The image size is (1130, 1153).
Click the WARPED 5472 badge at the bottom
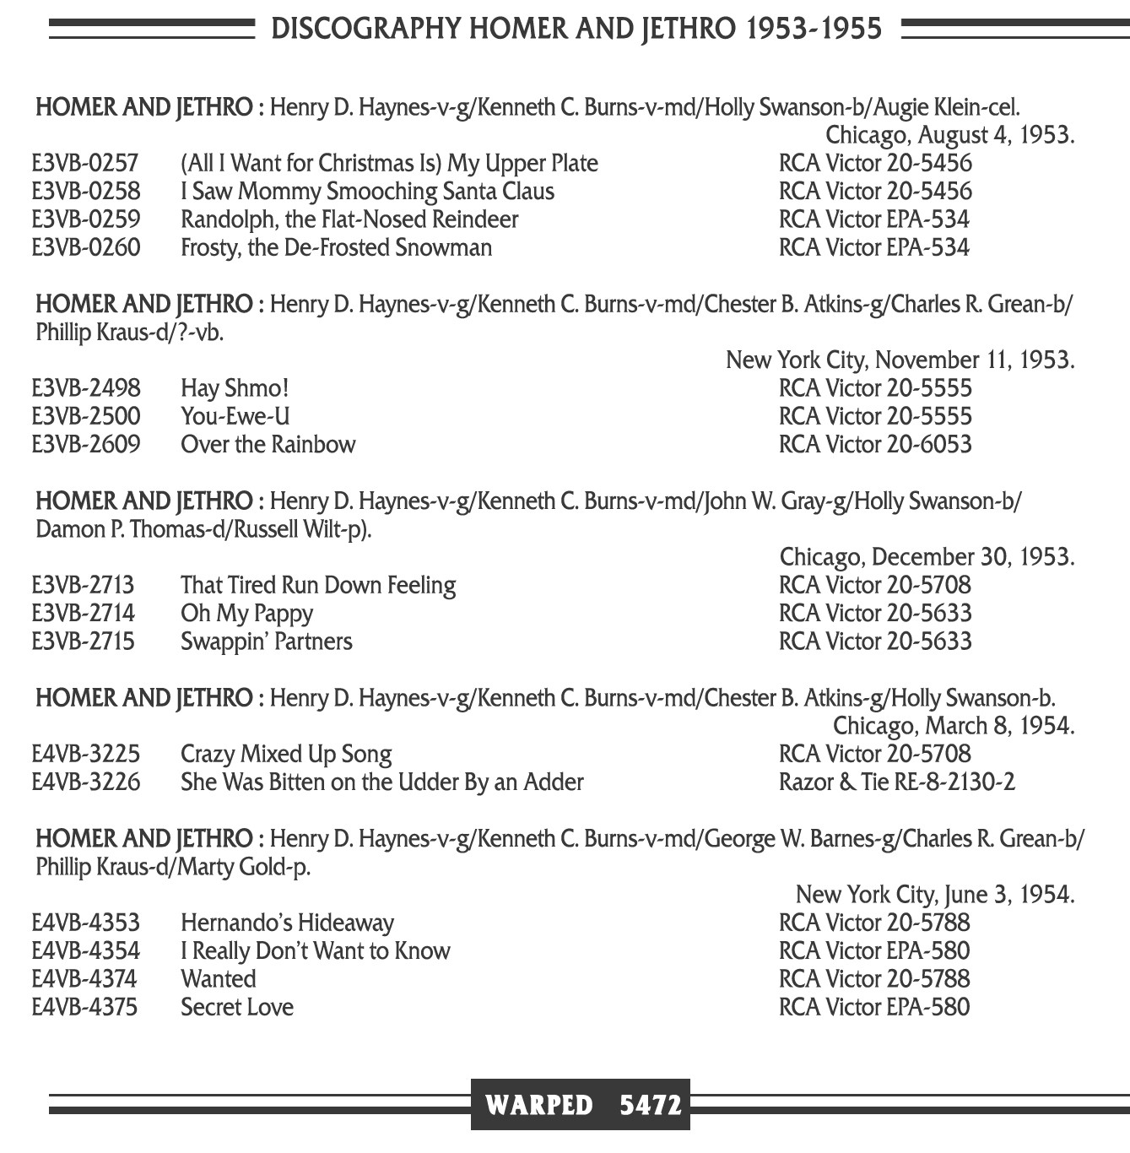[581, 1105]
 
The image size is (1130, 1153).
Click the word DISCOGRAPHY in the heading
[366, 29]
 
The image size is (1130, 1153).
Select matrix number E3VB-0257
[85, 163]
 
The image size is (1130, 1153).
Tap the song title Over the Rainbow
[268, 445]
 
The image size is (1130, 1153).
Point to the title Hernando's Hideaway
[287, 923]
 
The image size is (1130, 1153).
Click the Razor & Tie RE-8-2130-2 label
[896, 782]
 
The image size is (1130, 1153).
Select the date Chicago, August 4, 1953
[949, 135]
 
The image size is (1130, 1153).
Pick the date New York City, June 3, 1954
[934, 895]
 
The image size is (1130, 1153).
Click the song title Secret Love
[237, 1007]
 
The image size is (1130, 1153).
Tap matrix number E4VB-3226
[86, 782]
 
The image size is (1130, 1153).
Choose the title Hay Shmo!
[235, 388]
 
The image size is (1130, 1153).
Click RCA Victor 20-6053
[875, 445]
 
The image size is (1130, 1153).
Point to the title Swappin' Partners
[266, 641]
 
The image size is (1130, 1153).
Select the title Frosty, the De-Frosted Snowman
[336, 247]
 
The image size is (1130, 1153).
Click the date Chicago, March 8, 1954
[954, 726]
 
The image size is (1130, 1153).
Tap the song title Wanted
[218, 979]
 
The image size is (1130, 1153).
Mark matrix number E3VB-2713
[83, 585]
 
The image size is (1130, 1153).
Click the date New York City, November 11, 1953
[900, 360]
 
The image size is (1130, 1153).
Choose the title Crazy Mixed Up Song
[286, 754]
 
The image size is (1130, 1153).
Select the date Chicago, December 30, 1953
[927, 557]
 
